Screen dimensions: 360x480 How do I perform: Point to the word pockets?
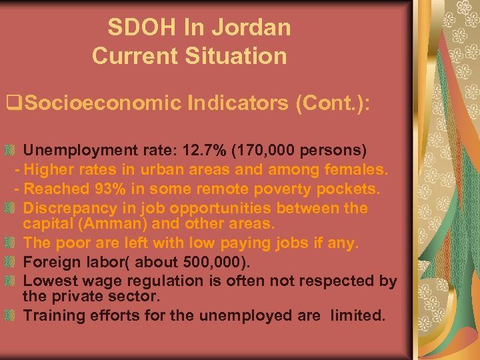coord(351,189)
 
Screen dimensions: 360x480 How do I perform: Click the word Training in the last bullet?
coord(51,315)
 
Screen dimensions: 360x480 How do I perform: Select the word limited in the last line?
coord(361,315)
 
